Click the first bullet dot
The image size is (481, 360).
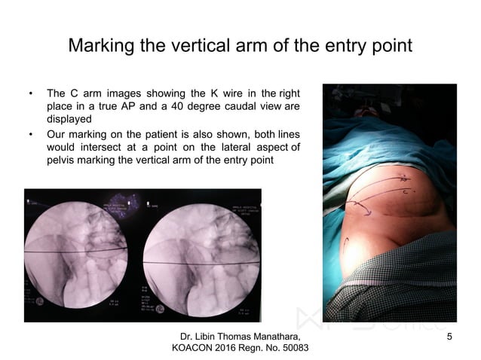point(31,93)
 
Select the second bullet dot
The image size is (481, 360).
point(31,134)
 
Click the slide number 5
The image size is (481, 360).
point(450,335)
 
